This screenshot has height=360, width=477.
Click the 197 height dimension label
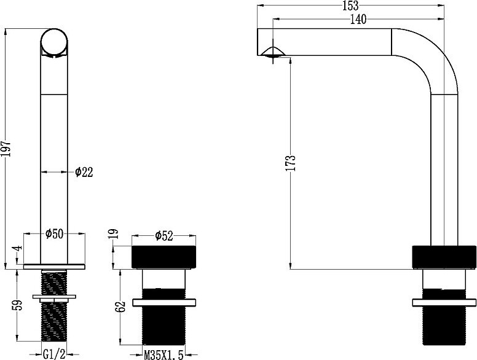pos(7,149)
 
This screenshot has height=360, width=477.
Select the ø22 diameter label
pos(84,172)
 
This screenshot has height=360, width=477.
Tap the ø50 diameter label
pos(54,234)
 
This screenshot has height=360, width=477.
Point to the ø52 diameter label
pos(164,236)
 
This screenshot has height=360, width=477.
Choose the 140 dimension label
pos(358,20)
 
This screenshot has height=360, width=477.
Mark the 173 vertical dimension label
pos(291,163)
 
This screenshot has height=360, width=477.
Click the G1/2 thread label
pos(54,354)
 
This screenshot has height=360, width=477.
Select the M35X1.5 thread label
pos(164,355)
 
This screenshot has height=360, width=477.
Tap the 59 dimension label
pos(18,305)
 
